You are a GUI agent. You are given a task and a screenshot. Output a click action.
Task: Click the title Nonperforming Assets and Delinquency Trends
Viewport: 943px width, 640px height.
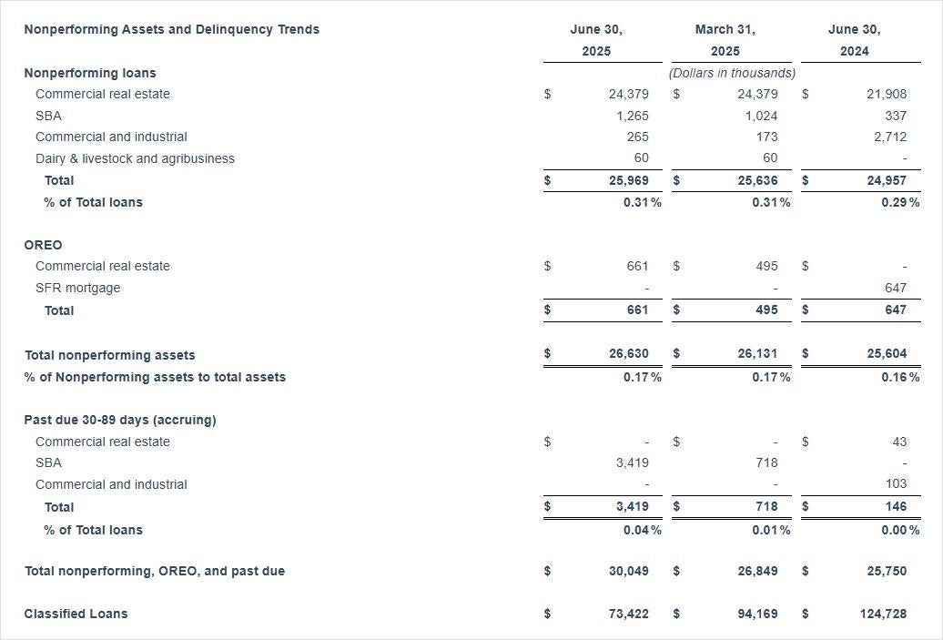click(x=171, y=29)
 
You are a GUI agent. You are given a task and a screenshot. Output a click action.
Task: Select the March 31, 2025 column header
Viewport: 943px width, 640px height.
click(x=725, y=40)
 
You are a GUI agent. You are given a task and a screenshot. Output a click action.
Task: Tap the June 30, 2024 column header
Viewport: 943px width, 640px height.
click(x=854, y=40)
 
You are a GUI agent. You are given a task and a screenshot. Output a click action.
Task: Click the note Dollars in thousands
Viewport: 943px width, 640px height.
click(x=732, y=73)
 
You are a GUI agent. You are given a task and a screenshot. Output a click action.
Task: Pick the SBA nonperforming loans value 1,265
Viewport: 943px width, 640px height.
click(x=632, y=116)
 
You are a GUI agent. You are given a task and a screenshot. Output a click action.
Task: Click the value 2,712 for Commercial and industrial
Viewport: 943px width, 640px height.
click(x=888, y=137)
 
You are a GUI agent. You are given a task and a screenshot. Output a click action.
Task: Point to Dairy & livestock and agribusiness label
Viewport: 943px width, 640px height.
click(x=135, y=158)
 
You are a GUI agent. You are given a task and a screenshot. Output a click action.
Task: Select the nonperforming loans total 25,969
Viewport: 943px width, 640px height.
click(x=629, y=180)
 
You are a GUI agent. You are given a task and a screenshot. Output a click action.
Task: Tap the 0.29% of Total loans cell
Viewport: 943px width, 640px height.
click(x=899, y=202)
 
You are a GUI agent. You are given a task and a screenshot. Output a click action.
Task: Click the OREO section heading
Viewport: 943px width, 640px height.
click(x=43, y=245)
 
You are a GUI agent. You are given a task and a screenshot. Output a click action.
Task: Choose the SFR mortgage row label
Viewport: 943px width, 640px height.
click(x=77, y=288)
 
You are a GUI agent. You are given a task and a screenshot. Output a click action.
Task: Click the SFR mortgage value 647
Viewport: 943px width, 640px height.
click(x=895, y=288)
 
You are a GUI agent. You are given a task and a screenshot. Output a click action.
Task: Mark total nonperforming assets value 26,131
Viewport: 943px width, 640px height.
click(x=757, y=353)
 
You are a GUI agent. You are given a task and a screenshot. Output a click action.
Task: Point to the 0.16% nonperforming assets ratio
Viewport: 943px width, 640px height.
click(x=899, y=377)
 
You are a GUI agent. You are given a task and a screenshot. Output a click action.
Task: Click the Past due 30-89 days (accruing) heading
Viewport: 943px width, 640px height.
click(x=119, y=420)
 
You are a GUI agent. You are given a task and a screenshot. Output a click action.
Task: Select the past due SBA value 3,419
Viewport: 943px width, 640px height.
click(x=632, y=462)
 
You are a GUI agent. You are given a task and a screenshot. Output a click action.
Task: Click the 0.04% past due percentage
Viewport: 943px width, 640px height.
click(x=642, y=530)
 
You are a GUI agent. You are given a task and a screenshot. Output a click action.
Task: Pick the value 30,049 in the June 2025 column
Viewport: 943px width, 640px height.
click(x=629, y=571)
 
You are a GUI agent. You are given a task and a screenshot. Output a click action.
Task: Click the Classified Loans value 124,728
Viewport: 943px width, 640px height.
click(x=883, y=614)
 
